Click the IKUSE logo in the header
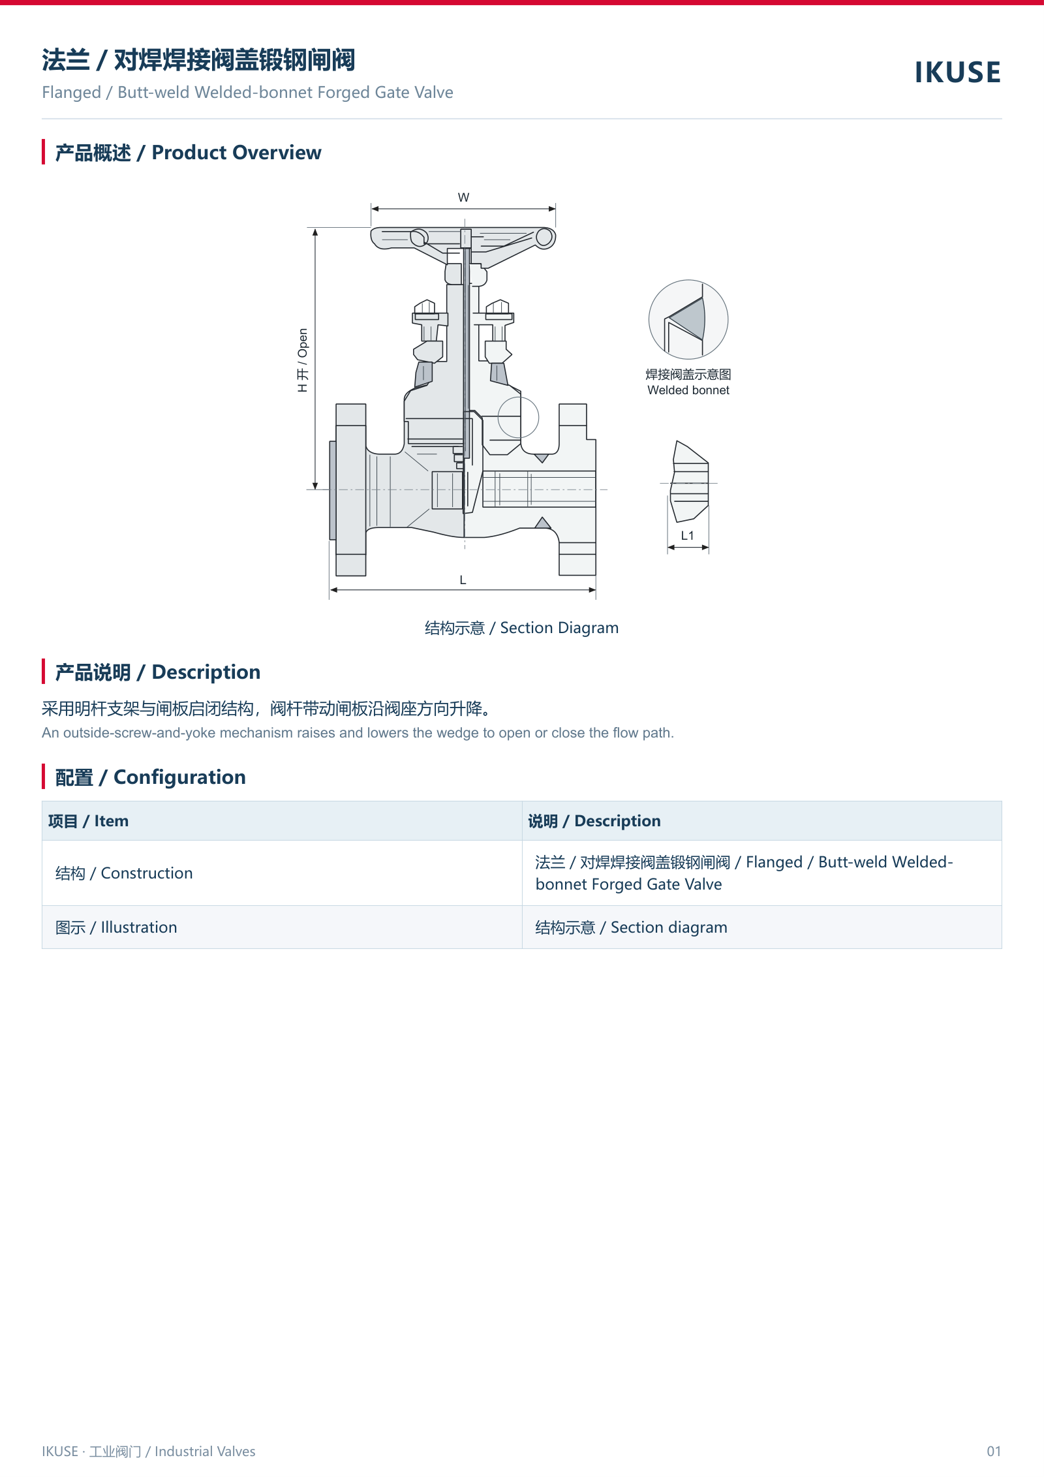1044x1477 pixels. (x=957, y=72)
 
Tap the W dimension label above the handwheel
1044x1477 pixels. (x=463, y=197)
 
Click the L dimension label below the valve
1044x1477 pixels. (x=463, y=580)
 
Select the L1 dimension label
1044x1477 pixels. (x=688, y=535)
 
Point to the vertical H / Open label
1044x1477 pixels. (x=302, y=360)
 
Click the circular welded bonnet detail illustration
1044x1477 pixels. (x=688, y=319)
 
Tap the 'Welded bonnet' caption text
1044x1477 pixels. (x=688, y=390)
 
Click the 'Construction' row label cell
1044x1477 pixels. (x=282, y=873)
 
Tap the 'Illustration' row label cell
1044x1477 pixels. (x=282, y=927)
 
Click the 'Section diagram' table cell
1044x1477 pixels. (x=762, y=927)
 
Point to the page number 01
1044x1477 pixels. (x=994, y=1451)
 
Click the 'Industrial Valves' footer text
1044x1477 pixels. (x=205, y=1451)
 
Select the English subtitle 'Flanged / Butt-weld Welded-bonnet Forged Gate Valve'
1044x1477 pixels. (x=247, y=93)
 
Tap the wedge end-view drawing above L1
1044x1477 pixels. (x=690, y=482)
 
